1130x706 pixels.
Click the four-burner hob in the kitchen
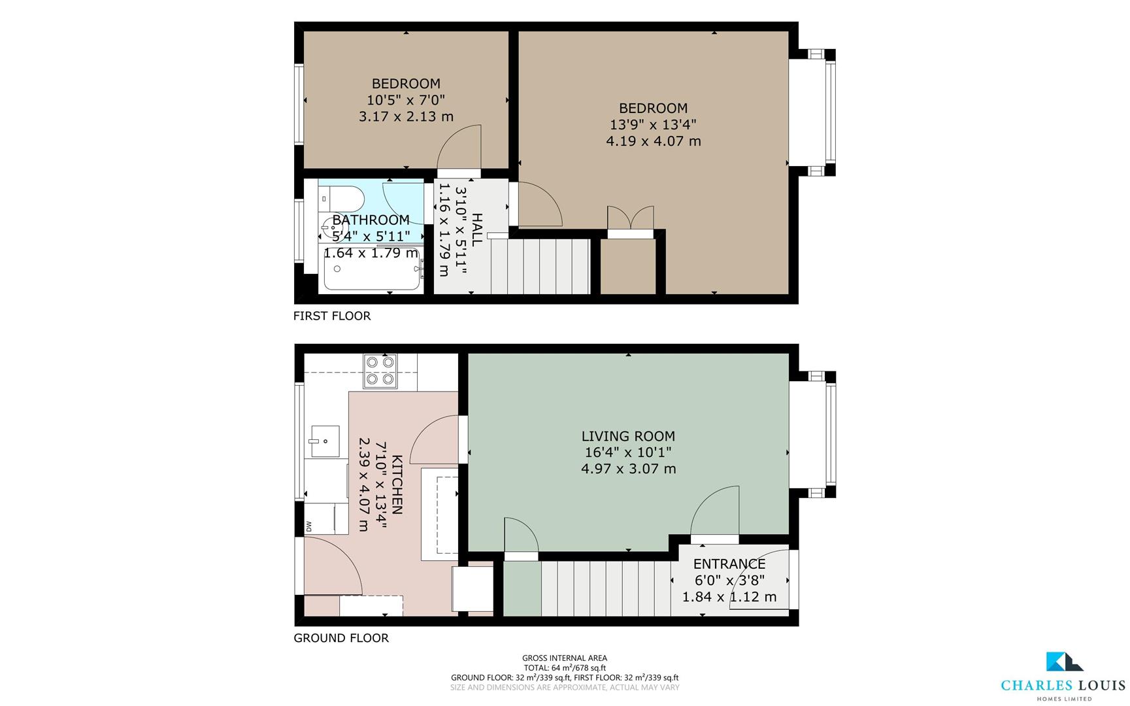tap(380, 371)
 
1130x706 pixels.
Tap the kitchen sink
tap(324, 441)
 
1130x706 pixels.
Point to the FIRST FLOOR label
tap(332, 316)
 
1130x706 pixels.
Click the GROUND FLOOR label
tap(341, 638)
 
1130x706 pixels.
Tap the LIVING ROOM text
tap(628, 436)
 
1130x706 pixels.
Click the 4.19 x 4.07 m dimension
tap(654, 141)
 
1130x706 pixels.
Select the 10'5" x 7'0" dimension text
tap(406, 100)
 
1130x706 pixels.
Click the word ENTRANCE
tap(729, 563)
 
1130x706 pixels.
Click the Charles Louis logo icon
tap(1063, 662)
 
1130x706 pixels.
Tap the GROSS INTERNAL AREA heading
tap(565, 658)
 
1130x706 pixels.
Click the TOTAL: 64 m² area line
tap(565, 668)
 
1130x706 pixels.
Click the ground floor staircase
tap(606, 588)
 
